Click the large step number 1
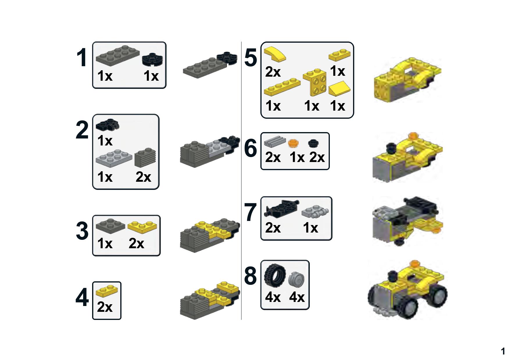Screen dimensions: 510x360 (82, 58)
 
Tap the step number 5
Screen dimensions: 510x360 (250, 58)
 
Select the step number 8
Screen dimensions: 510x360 (250, 276)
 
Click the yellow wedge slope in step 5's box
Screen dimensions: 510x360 (339, 89)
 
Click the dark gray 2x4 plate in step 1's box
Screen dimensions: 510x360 (117, 55)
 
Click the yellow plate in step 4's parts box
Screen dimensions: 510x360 (107, 291)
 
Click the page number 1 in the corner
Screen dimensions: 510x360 (503, 351)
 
